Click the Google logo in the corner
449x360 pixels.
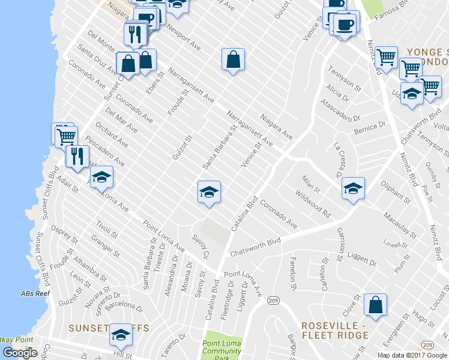(x=20, y=353)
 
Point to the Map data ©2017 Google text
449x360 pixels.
(x=412, y=355)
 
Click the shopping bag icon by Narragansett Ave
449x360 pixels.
(x=233, y=60)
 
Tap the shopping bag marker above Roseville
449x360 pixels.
(x=375, y=305)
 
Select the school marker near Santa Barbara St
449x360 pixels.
(x=209, y=193)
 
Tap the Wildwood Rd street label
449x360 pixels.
(x=313, y=204)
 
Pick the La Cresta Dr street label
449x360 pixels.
(x=340, y=155)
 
